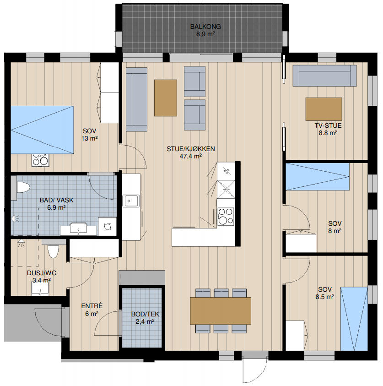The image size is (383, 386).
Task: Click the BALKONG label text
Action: (205, 27)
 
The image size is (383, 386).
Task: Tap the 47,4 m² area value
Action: (191, 156)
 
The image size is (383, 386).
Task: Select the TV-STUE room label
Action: (328, 125)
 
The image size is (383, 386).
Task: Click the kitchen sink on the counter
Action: (131, 201)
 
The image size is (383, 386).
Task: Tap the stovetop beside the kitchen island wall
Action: (226, 217)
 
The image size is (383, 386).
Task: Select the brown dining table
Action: (221, 311)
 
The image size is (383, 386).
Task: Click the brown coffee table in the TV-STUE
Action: (324, 109)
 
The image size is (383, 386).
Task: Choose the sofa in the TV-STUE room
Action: (324, 76)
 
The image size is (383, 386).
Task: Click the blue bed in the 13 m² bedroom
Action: (42, 130)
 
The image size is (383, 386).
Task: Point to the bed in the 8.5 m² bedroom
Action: (354, 319)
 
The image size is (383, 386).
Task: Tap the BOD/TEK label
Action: (145, 314)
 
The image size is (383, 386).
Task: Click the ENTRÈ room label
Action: (92, 306)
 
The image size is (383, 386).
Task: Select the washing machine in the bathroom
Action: (107, 227)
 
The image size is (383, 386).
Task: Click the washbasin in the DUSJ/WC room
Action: (40, 288)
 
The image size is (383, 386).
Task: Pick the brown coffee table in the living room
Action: (166, 98)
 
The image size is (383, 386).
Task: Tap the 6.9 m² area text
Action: (56, 207)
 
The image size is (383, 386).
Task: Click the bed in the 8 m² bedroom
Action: (318, 176)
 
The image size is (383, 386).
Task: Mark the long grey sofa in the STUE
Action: (136, 99)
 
